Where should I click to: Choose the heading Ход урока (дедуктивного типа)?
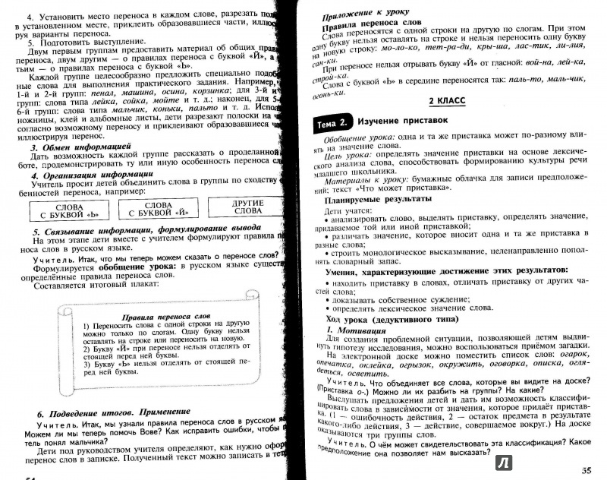tap(394, 320)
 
